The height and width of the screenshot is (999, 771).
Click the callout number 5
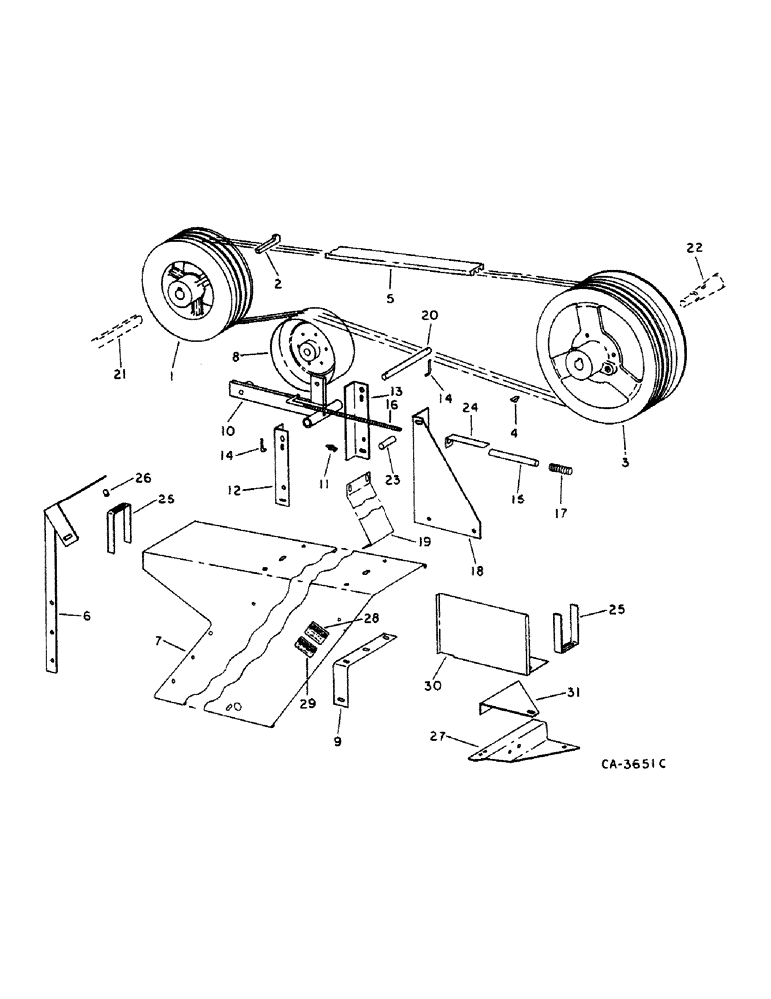pyautogui.click(x=390, y=297)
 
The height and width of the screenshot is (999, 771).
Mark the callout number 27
pyautogui.click(x=435, y=740)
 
